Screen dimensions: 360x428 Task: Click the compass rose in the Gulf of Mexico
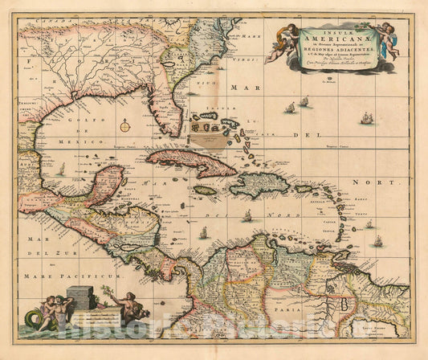pos(125,125)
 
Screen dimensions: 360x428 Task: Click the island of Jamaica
pos(205,190)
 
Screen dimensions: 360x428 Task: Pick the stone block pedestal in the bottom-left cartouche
pos(80,299)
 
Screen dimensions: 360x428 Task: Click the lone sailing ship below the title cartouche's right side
pos(366,118)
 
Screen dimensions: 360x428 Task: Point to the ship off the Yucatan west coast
pos(62,170)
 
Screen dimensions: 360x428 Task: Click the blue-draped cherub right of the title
pos(389,40)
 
